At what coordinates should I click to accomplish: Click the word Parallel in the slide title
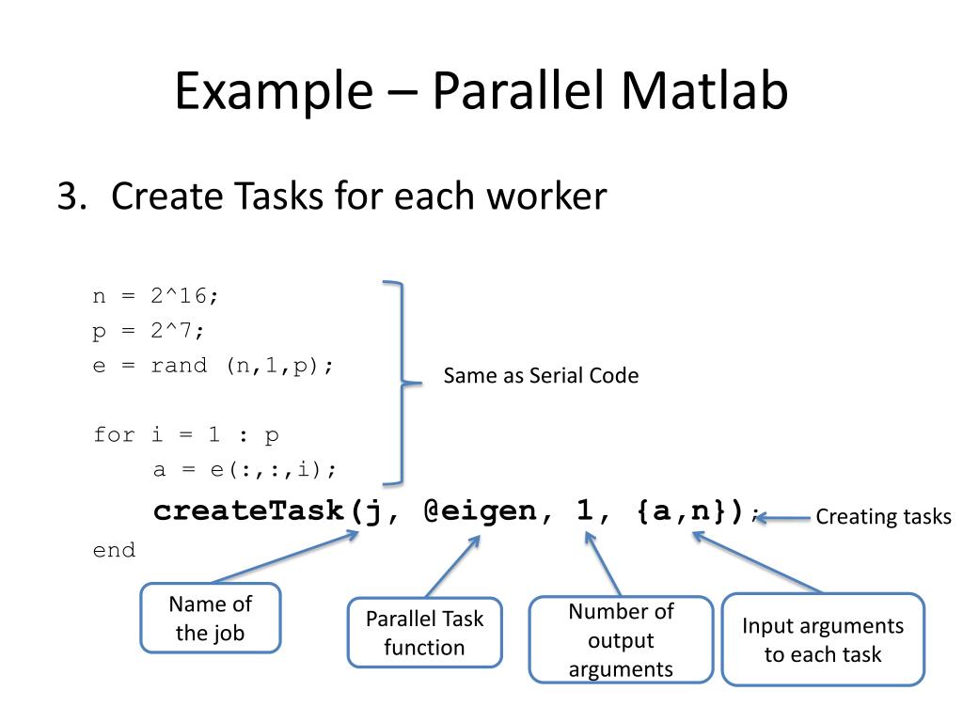[522, 92]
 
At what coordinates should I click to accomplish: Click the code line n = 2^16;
[155, 296]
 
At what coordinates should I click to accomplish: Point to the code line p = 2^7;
[148, 331]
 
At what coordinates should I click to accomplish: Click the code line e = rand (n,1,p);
[213, 366]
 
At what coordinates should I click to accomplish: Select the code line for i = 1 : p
[185, 435]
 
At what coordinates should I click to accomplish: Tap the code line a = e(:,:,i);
[245, 469]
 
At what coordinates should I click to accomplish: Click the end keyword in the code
[114, 550]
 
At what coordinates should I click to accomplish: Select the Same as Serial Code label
[541, 376]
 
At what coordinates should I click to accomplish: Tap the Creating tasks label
[883, 516]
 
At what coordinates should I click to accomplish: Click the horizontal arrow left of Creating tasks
[783, 516]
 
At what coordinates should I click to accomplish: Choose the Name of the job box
[211, 619]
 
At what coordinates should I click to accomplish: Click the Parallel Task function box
[424, 633]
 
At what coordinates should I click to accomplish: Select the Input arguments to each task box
[823, 639]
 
